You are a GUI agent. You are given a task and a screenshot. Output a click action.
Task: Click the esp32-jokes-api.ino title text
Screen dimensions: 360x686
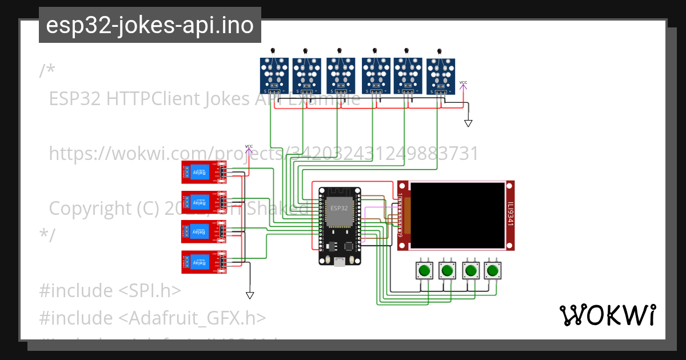coord(150,26)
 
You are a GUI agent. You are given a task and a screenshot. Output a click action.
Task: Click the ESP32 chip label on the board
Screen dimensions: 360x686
coord(338,208)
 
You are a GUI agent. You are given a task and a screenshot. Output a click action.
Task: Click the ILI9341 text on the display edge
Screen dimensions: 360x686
coord(510,215)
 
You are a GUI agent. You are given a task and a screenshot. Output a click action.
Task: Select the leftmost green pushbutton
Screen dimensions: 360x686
coord(424,270)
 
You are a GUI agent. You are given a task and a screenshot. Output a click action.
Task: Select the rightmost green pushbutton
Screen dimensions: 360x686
coord(492,270)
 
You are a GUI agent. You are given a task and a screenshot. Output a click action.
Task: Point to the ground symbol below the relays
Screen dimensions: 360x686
coord(250,295)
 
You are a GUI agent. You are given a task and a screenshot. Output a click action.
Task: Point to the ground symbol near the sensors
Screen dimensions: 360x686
coord(468,123)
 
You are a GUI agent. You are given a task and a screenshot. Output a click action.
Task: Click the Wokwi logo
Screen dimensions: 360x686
coord(607,315)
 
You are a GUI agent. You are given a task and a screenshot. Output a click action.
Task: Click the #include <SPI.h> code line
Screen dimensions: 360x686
coord(110,290)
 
